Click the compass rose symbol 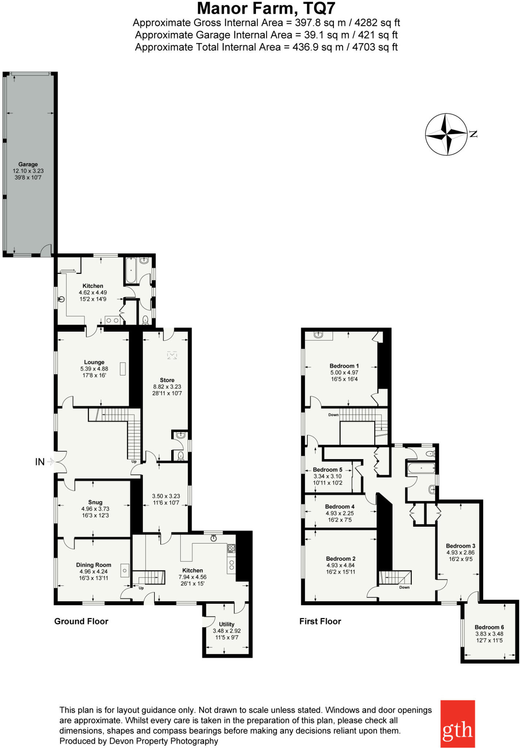(x=446, y=134)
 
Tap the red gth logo (x=457, y=724)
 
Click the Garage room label (x=28, y=164)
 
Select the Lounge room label (x=94, y=362)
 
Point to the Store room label (x=167, y=380)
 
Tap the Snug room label (x=95, y=502)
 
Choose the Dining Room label (x=93, y=565)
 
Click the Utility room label (x=227, y=624)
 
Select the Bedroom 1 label (x=344, y=366)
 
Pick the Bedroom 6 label (x=489, y=627)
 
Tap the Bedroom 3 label (x=461, y=546)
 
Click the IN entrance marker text (x=40, y=462)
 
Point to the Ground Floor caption (x=81, y=621)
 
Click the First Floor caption (x=320, y=621)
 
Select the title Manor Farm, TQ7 (x=266, y=8)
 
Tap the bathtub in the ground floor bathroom (x=131, y=271)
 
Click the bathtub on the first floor (x=421, y=468)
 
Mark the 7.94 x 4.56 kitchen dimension (x=192, y=577)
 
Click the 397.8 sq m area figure (x=320, y=23)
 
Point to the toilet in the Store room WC (x=180, y=456)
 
